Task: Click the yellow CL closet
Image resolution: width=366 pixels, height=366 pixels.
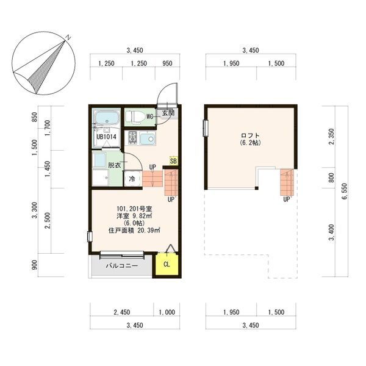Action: click(x=167, y=264)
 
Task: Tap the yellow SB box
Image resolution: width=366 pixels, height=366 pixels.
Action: click(x=173, y=161)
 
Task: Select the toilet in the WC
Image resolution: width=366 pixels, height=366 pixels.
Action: click(x=135, y=117)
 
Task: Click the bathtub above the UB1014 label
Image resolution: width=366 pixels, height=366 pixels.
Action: click(x=107, y=118)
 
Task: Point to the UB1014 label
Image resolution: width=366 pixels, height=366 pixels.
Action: click(x=106, y=137)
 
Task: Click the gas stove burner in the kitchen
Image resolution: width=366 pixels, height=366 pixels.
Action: click(x=132, y=138)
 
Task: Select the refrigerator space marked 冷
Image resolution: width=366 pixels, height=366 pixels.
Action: click(x=132, y=179)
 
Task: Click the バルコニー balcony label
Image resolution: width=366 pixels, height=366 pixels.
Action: click(x=122, y=266)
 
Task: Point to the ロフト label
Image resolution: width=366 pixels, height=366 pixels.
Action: click(x=250, y=135)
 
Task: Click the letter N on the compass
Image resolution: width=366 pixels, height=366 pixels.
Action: click(x=68, y=37)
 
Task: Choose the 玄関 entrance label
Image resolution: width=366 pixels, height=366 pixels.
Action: click(x=168, y=113)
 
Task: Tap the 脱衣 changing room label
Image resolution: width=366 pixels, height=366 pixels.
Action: click(x=115, y=165)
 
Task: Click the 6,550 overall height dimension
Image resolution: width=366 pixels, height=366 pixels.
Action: click(x=345, y=192)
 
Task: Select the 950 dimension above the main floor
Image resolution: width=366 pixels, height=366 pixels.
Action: click(x=167, y=63)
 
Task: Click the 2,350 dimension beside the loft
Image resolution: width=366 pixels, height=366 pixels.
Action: click(x=332, y=137)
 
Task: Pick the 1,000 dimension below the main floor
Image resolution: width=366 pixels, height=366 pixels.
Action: click(x=167, y=312)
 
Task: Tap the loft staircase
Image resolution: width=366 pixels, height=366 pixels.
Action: click(x=287, y=182)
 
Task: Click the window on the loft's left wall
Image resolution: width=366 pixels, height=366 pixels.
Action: click(x=206, y=128)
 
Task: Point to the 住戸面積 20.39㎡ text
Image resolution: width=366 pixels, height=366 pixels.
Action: click(x=134, y=231)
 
